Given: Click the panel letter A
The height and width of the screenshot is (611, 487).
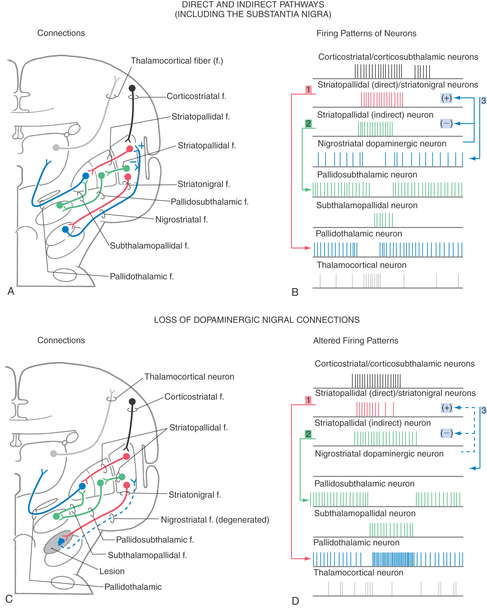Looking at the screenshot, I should pos(11,291).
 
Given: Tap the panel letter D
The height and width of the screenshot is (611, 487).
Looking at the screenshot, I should pos(295,601).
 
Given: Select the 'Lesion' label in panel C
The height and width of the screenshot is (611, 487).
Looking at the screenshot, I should pos(112,571).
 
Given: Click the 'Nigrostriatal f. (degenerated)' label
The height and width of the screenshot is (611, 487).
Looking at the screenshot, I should pos(215,520).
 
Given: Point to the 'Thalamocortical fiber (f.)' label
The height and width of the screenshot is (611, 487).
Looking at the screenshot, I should pos(177,61).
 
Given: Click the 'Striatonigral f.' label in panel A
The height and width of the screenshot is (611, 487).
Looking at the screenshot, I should pos(204,184).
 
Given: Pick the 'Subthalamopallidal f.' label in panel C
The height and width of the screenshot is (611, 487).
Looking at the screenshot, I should pos(147,555).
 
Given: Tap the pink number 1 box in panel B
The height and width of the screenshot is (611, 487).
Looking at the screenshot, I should pos(308,90).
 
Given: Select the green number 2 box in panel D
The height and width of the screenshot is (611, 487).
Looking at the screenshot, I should pos(308,434).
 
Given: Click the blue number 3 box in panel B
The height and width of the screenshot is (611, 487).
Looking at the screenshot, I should pos(483,101).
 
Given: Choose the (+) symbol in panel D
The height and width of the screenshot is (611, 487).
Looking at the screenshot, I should pos(447,408).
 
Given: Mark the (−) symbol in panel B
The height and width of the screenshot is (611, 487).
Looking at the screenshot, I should pos(446,123).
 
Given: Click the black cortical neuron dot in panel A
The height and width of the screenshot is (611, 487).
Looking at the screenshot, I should pos(132,88).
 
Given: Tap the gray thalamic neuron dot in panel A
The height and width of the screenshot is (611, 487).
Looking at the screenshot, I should pos(56,147).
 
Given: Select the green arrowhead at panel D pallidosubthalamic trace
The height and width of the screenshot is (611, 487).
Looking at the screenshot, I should pos(306,500).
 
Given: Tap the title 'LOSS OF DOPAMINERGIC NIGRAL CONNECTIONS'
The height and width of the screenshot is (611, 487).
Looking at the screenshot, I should pos(257,320).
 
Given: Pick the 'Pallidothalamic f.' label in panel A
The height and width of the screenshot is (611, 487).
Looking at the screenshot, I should pos(142,276).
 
